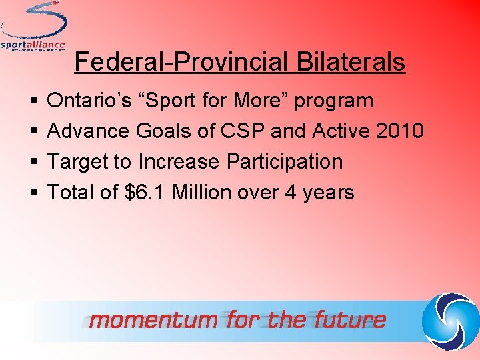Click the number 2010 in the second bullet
[399, 131]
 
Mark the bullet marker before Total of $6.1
[33, 193]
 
